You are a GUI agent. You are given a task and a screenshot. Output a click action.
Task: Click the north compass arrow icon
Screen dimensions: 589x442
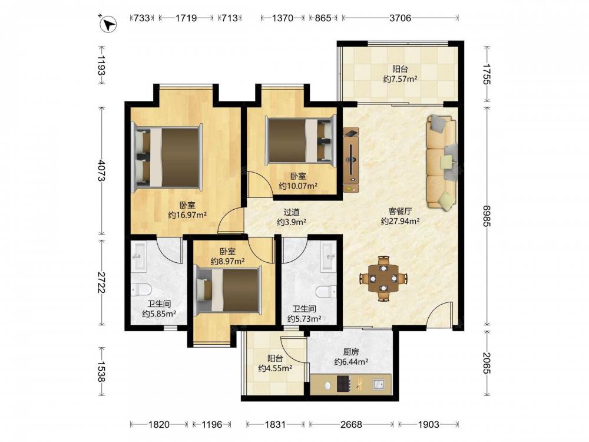[x=108, y=24]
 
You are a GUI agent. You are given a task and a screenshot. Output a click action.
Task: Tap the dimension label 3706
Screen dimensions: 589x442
[x=400, y=18]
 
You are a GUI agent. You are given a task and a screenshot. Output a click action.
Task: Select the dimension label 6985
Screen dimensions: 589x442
[x=487, y=216]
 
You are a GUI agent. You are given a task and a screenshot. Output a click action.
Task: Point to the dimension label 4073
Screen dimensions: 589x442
[x=101, y=170]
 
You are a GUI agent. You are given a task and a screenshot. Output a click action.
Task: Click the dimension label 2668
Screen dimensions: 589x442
[x=351, y=424]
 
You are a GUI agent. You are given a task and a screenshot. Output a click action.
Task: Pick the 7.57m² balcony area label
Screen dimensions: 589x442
[x=401, y=79]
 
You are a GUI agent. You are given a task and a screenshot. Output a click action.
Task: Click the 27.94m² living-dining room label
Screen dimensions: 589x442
[x=400, y=222]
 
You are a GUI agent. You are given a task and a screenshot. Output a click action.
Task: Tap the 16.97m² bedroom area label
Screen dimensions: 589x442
[x=187, y=215]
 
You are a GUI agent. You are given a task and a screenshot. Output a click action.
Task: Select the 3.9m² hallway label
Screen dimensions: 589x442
[x=292, y=222]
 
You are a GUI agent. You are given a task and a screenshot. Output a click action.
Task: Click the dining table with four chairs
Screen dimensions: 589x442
[x=383, y=279]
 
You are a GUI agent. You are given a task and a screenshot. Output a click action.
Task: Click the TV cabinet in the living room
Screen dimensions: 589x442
[x=351, y=160]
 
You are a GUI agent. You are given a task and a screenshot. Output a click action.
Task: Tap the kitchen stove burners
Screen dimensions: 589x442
[x=344, y=384]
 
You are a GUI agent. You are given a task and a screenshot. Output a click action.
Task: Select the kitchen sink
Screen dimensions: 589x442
[x=379, y=384]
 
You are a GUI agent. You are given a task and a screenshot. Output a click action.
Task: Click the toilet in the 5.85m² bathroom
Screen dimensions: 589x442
[x=141, y=289]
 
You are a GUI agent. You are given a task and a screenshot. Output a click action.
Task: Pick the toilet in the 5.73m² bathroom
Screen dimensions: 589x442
[x=326, y=291]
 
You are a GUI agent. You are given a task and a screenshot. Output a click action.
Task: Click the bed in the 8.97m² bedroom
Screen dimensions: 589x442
[x=227, y=290]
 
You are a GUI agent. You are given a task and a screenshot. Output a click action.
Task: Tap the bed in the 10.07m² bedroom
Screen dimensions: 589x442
[x=300, y=141]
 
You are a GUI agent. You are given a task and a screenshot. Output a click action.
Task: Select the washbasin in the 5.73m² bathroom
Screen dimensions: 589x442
[x=329, y=257]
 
